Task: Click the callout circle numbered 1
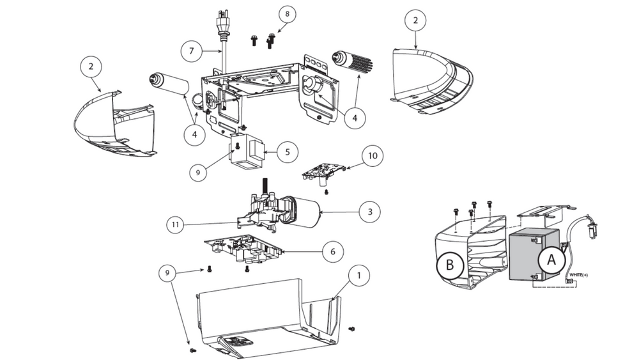point(358,276)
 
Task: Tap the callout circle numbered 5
point(288,152)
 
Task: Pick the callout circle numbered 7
point(191,51)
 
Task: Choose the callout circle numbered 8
point(286,14)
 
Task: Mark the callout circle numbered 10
point(373,155)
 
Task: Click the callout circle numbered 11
point(177,224)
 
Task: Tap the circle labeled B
point(450,265)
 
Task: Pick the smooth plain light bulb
point(169,83)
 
